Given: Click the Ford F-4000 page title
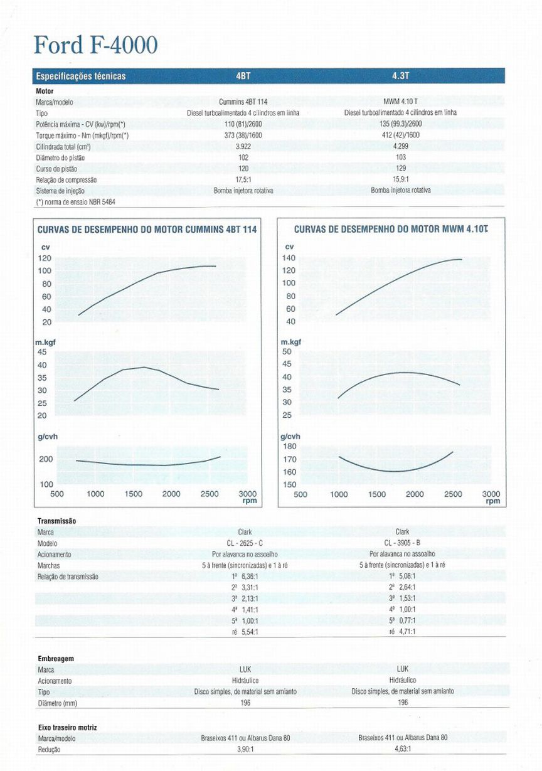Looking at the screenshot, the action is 96,45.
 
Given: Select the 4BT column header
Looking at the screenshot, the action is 243,76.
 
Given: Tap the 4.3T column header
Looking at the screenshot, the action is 401,76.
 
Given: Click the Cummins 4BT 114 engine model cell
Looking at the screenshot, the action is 243,102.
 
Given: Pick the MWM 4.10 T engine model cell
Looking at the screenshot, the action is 401,102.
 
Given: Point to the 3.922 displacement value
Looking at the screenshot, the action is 243,146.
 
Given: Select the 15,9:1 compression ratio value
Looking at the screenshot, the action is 401,179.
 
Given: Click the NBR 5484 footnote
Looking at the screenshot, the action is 75,202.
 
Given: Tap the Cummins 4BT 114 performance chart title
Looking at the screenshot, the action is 147,230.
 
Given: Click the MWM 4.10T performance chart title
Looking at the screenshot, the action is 391,229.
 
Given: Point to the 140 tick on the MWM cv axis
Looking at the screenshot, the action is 289,258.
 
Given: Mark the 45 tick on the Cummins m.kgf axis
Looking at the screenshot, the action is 42,352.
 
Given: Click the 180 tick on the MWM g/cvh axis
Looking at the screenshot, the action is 289,447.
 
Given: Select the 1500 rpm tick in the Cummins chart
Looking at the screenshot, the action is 134,494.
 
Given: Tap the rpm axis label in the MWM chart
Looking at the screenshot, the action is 493,501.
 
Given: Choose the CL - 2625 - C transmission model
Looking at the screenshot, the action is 245,543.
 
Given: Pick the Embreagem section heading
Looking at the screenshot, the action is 56,659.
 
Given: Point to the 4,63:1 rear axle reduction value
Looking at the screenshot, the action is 403,748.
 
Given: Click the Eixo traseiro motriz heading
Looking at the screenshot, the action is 68,727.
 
